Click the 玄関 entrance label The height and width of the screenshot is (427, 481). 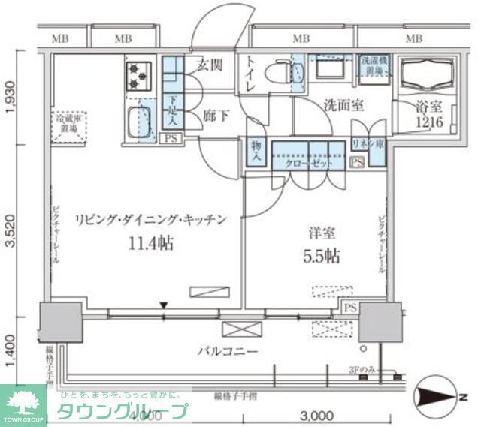click(209, 65)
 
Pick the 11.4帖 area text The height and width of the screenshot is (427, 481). click(150, 242)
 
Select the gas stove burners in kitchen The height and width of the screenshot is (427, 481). click(138, 74)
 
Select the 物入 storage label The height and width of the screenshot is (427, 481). click(255, 151)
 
